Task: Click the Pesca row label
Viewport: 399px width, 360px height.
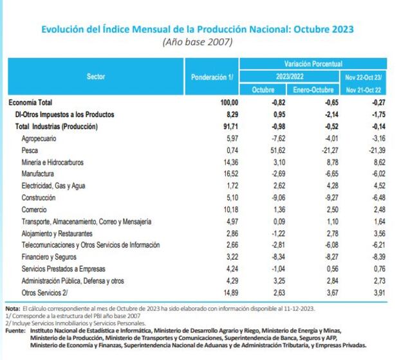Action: click(x=30, y=150)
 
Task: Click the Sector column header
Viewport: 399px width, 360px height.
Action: click(x=96, y=77)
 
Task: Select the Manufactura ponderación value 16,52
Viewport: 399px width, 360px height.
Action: click(x=230, y=174)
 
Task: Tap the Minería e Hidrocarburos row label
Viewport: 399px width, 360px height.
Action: click(x=53, y=163)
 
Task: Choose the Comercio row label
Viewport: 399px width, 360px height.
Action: click(x=34, y=210)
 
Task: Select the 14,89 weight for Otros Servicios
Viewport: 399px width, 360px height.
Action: click(x=230, y=292)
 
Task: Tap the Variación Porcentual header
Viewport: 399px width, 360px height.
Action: click(x=313, y=64)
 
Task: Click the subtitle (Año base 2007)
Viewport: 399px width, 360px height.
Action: click(x=198, y=42)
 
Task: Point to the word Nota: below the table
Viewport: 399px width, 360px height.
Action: click(x=13, y=309)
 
